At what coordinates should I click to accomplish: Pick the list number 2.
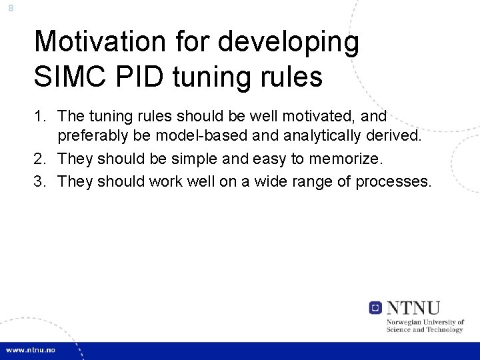[41, 159]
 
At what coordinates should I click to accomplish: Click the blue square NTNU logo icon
[376, 307]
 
